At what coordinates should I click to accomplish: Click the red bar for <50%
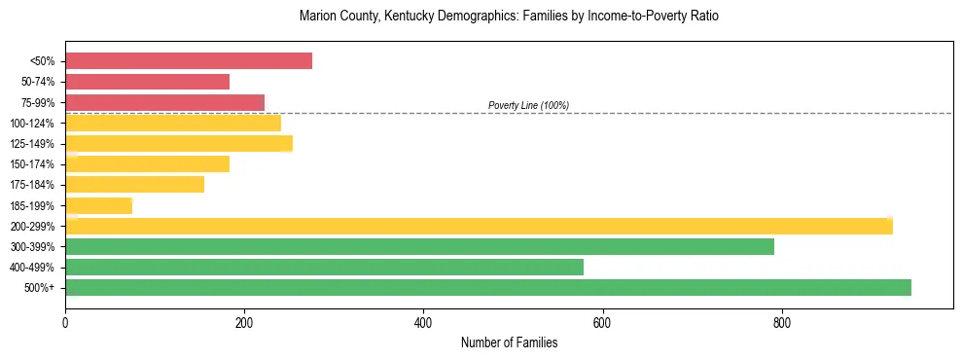click(x=189, y=61)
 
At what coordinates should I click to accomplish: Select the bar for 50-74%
click(x=147, y=82)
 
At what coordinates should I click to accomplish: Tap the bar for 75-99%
click(x=164, y=102)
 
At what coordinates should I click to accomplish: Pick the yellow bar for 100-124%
click(x=173, y=123)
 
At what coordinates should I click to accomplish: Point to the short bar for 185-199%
click(x=98, y=205)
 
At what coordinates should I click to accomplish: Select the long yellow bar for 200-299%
click(x=479, y=226)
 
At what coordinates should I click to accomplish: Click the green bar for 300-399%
click(x=419, y=246)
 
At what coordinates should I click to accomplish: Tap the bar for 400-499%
click(x=324, y=267)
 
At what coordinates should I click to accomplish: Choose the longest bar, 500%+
click(x=488, y=287)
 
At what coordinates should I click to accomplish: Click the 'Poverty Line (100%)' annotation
click(x=528, y=105)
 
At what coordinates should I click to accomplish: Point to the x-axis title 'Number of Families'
click(x=509, y=342)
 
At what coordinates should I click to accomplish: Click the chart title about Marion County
click(x=509, y=17)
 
